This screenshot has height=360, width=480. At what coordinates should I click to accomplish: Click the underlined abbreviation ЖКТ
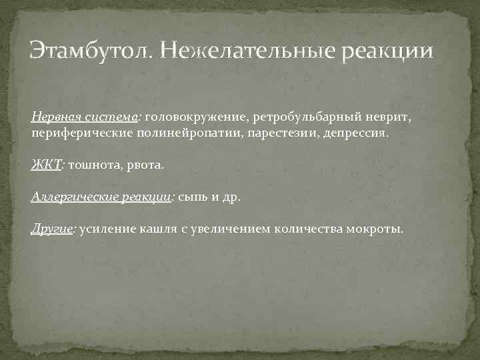[46, 165]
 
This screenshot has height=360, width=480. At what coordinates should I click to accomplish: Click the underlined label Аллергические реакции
[102, 197]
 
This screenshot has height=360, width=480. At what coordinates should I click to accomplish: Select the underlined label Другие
[53, 229]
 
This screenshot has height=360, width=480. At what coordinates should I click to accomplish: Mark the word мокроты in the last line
[375, 229]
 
